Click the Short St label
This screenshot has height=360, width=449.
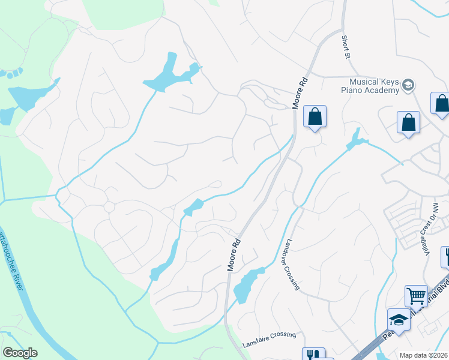point(346,47)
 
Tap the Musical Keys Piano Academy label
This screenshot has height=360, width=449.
point(375,86)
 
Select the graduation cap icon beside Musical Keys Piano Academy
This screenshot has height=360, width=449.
point(409,85)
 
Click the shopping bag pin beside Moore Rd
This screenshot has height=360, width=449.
point(315,116)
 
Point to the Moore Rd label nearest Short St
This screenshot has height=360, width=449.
point(300,92)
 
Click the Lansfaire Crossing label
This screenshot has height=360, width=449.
point(269,340)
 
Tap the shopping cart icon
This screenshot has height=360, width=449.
point(415,295)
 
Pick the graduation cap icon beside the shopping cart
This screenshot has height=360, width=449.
point(398,319)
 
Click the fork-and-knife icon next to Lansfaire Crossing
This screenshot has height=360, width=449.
point(313,355)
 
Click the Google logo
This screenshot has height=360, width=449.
point(20,353)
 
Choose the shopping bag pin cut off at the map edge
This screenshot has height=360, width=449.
point(442,103)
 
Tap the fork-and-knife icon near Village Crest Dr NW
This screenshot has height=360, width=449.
point(445,256)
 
